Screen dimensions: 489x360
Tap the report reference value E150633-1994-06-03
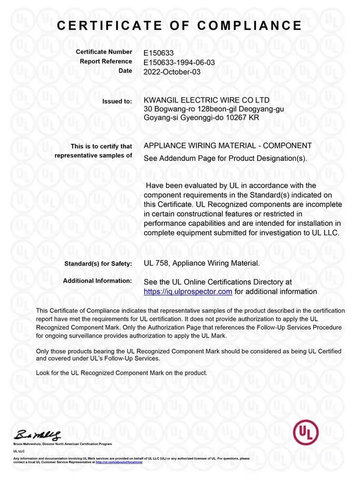(x=179, y=62)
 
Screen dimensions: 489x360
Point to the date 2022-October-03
(x=172, y=71)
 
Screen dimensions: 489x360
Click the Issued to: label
(x=117, y=101)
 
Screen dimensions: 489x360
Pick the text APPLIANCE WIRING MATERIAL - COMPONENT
(x=228, y=146)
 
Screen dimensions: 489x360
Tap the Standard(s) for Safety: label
(x=98, y=263)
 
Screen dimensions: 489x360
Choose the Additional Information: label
(x=97, y=280)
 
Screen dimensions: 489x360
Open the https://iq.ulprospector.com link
(x=188, y=291)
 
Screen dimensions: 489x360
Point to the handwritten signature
(x=38, y=434)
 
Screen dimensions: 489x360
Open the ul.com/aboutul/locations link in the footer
(x=119, y=462)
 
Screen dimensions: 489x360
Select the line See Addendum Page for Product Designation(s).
(x=226, y=158)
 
